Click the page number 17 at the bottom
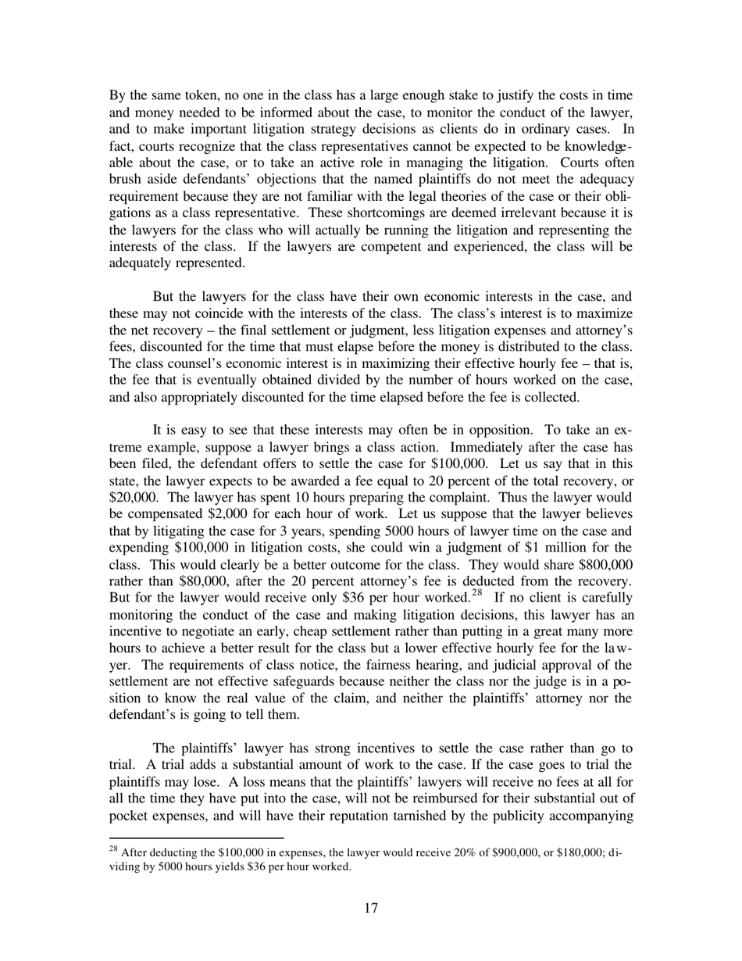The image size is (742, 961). coord(371,908)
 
